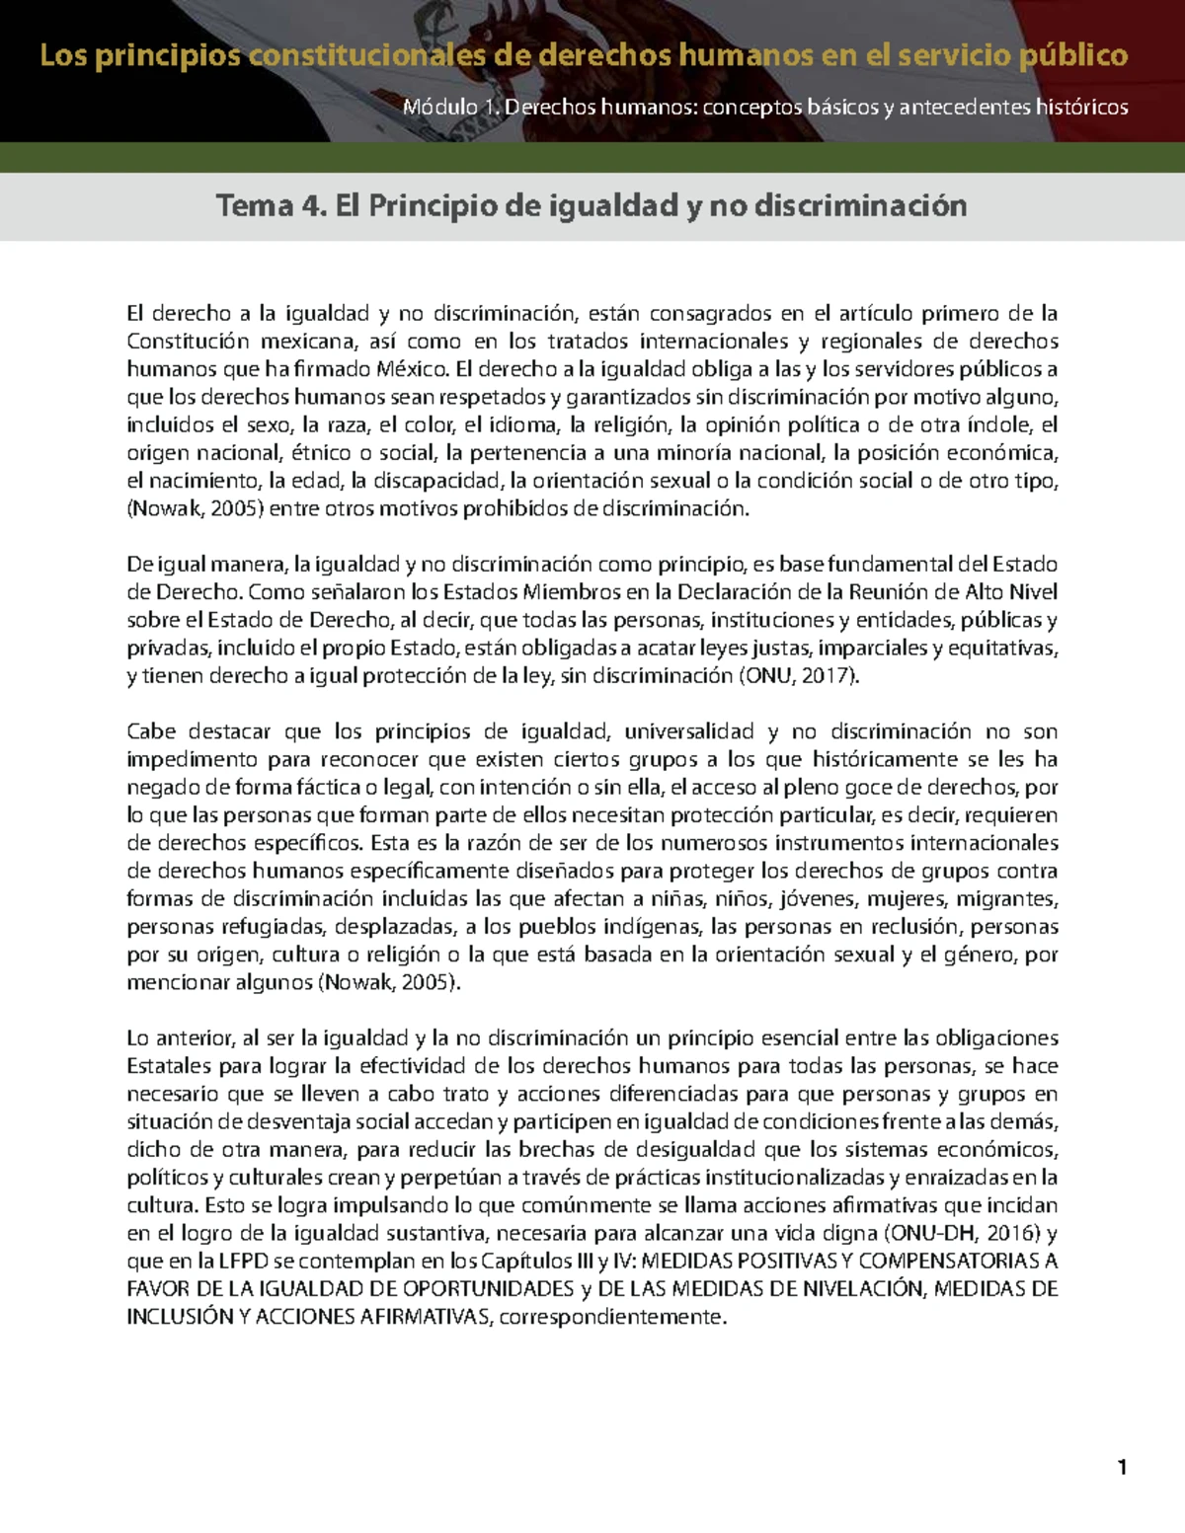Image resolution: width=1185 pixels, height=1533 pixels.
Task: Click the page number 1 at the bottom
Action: (x=1122, y=1467)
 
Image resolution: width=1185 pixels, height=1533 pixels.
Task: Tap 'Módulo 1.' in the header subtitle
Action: (x=450, y=107)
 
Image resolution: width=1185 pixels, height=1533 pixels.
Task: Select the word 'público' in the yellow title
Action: (x=1073, y=55)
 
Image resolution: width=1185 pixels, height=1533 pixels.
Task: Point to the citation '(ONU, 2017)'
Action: (x=799, y=676)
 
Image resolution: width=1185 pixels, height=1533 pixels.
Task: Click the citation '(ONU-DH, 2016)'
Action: (x=962, y=1233)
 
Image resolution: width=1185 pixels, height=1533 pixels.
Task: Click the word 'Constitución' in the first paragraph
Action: (x=188, y=342)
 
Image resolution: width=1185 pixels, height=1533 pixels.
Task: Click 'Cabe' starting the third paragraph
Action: (x=151, y=731)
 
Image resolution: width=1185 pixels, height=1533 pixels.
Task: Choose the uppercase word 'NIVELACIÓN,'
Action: (x=864, y=1289)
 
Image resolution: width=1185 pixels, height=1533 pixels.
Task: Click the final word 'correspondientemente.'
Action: (x=613, y=1317)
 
